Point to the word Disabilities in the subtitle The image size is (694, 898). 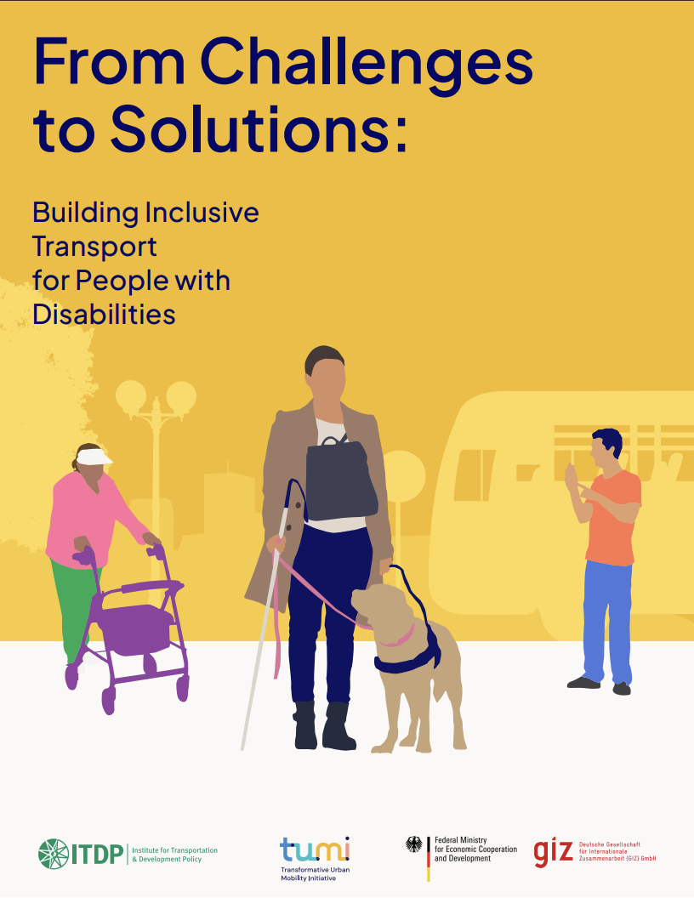point(104,314)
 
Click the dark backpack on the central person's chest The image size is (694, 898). point(341,480)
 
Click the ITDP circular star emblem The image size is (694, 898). point(52,854)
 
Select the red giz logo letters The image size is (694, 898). point(553,852)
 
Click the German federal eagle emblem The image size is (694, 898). point(414,844)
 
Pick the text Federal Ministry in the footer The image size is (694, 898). point(460,840)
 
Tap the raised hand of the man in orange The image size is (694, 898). point(571,478)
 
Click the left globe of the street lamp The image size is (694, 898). point(131,395)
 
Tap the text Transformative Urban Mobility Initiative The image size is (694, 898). point(315,873)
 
